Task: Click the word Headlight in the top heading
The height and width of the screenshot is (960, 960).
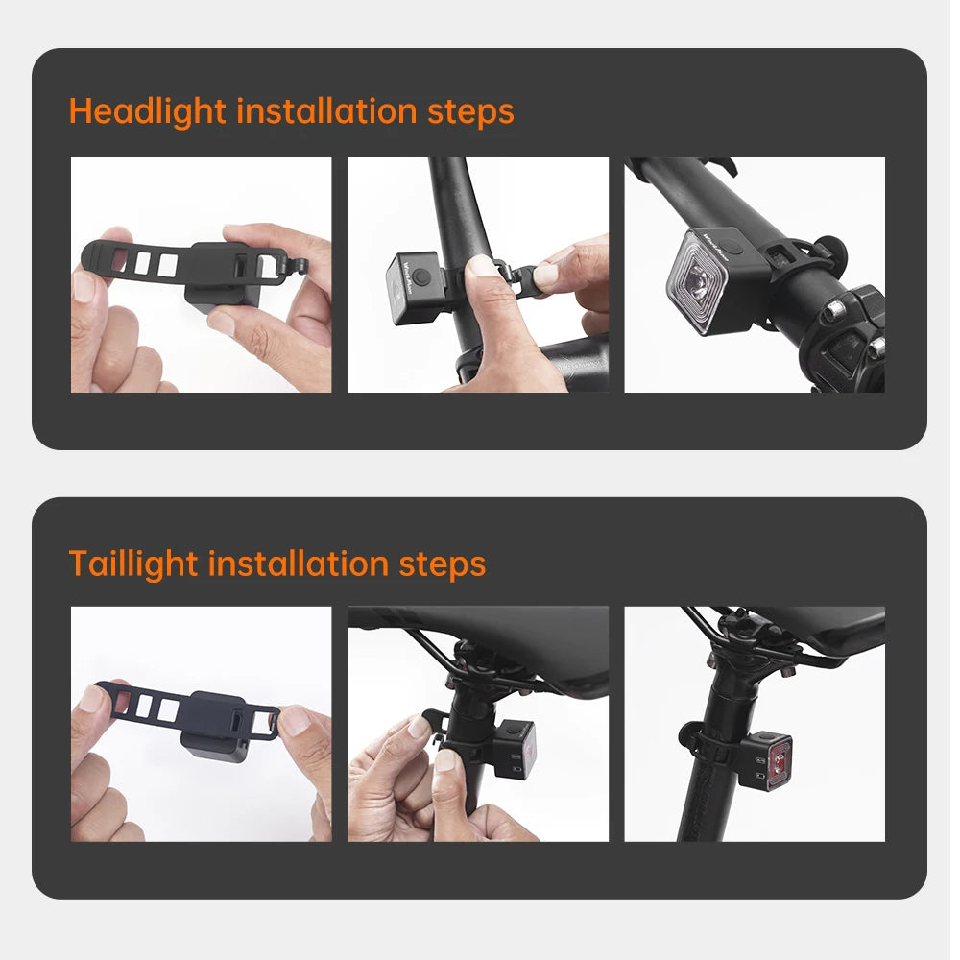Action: (x=148, y=112)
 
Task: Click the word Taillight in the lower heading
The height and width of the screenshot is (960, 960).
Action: (x=133, y=564)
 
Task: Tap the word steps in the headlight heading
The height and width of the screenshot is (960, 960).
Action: (x=470, y=112)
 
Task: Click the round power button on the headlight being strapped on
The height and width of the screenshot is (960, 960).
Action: (x=420, y=277)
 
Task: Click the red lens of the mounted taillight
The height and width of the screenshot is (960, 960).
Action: (x=780, y=763)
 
